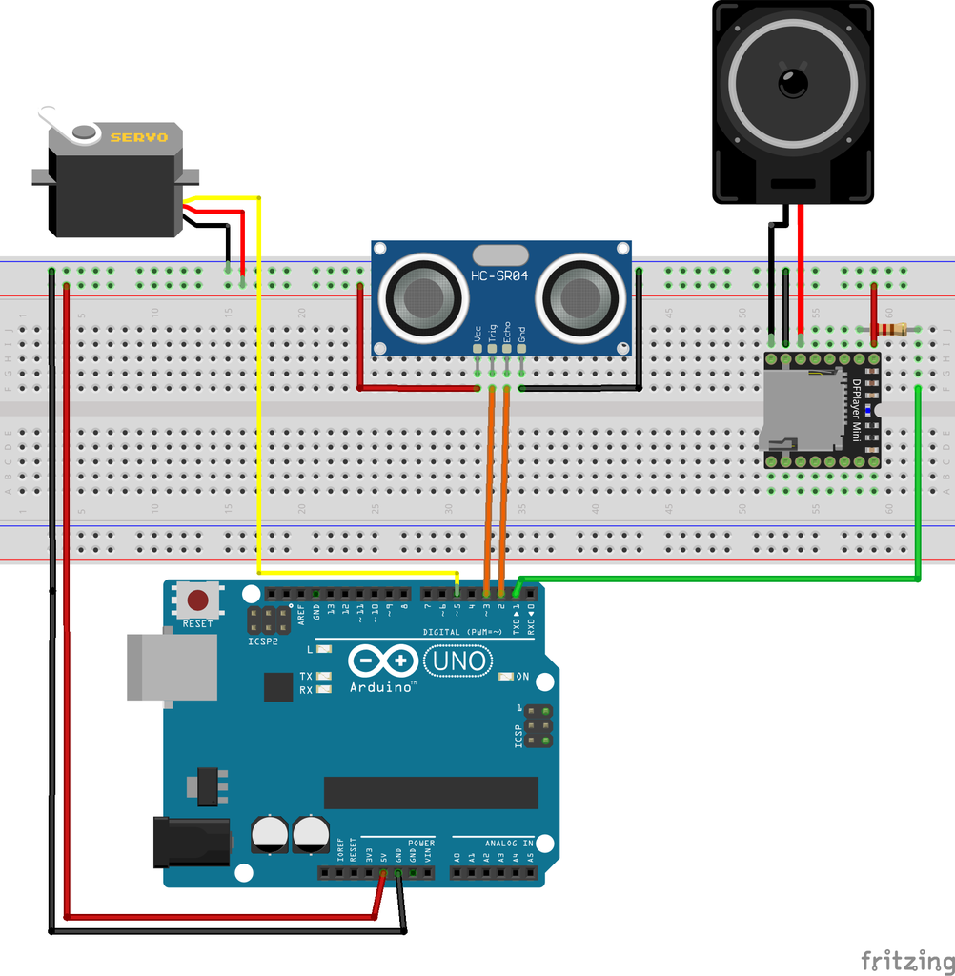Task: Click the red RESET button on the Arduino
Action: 198,600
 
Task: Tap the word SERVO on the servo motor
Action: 139,137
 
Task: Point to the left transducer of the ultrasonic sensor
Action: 424,297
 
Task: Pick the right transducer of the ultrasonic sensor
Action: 580,297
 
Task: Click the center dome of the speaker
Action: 793,82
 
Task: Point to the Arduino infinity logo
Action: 383,660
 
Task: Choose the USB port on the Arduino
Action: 172,667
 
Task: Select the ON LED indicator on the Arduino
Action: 506,677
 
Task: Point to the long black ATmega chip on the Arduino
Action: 431,792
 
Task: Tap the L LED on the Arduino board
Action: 324,649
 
